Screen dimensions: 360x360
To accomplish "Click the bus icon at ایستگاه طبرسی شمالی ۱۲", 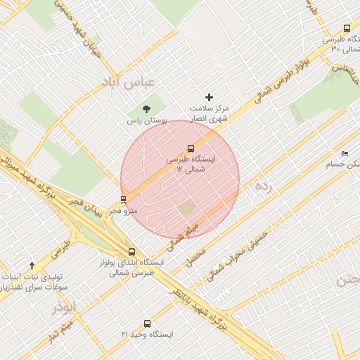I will [x=191, y=148].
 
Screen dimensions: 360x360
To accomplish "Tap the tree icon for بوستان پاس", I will [x=146, y=109].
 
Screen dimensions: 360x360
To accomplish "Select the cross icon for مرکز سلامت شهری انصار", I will [x=208, y=97].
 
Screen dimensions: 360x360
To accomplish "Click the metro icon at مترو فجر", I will [x=124, y=199].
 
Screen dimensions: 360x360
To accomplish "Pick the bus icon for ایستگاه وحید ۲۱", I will [x=147, y=323].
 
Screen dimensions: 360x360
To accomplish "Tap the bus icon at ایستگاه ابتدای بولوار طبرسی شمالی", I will [x=131, y=251].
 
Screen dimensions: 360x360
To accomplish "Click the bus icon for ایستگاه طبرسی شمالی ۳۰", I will [x=346, y=29].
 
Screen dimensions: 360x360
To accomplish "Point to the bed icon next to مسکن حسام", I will [x=344, y=153].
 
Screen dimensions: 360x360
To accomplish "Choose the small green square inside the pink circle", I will [x=186, y=208].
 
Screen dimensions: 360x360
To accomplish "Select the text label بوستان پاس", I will [x=146, y=121].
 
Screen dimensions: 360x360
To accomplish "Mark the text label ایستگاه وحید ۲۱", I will [x=147, y=335].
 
